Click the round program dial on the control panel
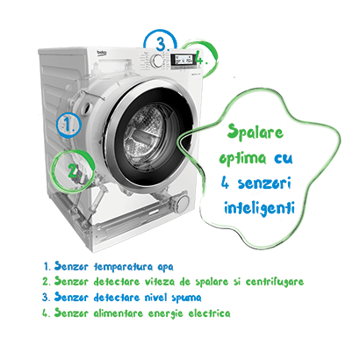pos(158,61)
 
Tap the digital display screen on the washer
pos(183,60)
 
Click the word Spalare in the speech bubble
pos(256,132)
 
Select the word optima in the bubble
pos(242,158)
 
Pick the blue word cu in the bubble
pos(284,158)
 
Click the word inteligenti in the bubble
pos(259,208)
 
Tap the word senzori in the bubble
pos(264,184)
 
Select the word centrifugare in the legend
pos(275,282)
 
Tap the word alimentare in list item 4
pos(119,313)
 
